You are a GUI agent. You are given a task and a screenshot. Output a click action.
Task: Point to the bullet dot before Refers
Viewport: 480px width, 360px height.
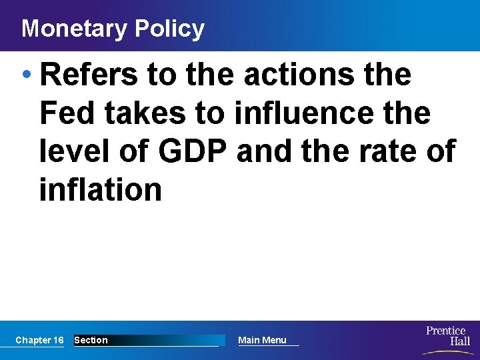pyautogui.click(x=27, y=75)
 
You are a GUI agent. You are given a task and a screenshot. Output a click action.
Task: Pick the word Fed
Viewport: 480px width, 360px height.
pyautogui.click(x=65, y=113)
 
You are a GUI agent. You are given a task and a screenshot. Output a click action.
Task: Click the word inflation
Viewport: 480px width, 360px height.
pyautogui.click(x=101, y=189)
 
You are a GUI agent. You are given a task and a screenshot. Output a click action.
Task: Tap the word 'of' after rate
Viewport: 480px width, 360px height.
pyautogui.click(x=441, y=151)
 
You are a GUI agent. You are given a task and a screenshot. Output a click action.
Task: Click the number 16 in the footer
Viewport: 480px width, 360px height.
pyautogui.click(x=59, y=340)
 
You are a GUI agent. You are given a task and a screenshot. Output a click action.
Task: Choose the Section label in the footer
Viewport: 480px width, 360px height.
pyautogui.click(x=91, y=340)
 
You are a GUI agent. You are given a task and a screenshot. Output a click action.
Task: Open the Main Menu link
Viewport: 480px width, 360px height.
pyautogui.click(x=262, y=340)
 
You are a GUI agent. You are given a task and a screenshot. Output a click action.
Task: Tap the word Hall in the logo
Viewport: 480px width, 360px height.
pyautogui.click(x=459, y=341)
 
